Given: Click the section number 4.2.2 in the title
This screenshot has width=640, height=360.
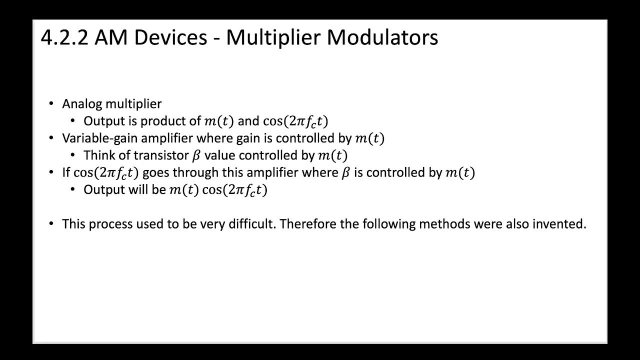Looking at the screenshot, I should [64, 38].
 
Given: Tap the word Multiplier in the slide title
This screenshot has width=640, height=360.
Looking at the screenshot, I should [273, 38].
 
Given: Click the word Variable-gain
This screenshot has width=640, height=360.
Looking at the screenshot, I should [95, 138].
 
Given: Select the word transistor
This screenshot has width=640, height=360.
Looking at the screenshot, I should [160, 155].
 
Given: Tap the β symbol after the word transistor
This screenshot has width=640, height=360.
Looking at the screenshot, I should [196, 155].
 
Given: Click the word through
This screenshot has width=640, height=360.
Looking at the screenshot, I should [189, 173].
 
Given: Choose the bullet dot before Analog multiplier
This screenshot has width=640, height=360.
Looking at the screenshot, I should [51, 104].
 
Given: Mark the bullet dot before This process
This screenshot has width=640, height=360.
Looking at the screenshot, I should [51, 224].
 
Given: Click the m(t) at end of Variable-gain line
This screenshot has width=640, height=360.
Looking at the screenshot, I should [369, 138].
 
